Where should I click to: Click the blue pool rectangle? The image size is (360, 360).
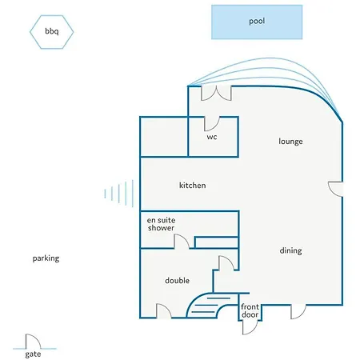click(x=257, y=22)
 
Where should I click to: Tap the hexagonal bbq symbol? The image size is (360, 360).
click(x=51, y=32)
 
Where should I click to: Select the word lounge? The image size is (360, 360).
click(x=290, y=142)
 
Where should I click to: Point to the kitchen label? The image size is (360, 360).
click(x=192, y=185)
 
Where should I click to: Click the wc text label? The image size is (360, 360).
click(x=212, y=137)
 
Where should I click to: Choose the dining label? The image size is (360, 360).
click(x=290, y=250)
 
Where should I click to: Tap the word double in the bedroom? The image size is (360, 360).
click(x=177, y=280)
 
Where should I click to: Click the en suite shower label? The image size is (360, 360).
click(x=161, y=224)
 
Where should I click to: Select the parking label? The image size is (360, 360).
click(x=46, y=258)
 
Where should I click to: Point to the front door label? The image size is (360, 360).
click(x=250, y=310)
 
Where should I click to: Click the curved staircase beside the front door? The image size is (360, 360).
click(x=210, y=305)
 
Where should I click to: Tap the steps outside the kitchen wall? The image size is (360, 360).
click(x=119, y=194)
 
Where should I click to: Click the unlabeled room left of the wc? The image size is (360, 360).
click(x=164, y=137)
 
